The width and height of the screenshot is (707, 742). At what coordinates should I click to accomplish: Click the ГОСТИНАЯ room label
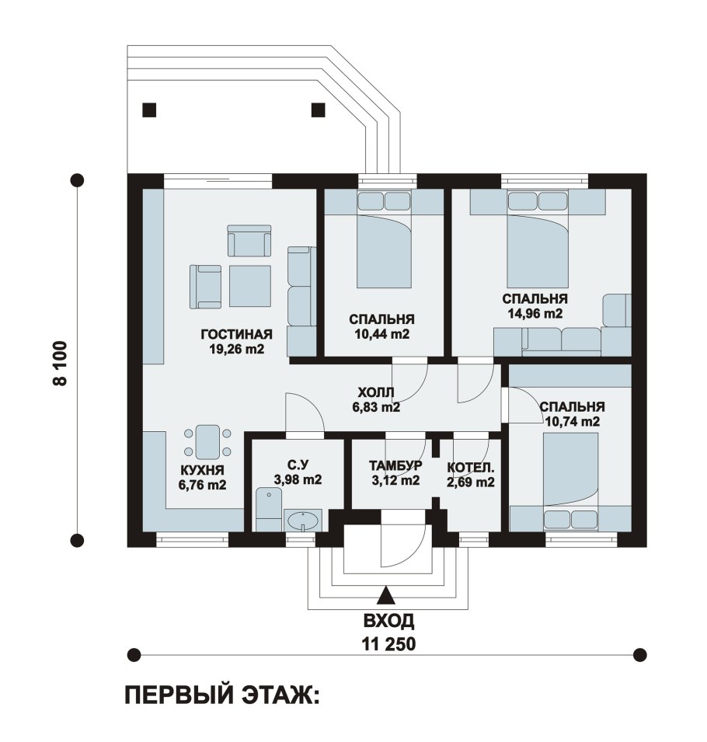point(237,334)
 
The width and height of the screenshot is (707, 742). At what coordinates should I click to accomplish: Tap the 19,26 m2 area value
point(236,349)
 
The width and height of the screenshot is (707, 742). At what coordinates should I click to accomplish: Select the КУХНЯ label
point(202,470)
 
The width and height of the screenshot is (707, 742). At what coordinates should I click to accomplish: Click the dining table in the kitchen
point(207,442)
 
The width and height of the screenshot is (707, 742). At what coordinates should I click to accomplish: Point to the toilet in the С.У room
point(268,510)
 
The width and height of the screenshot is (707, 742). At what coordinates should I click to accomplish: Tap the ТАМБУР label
point(395,465)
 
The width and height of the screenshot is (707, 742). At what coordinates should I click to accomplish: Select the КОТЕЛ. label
point(470,468)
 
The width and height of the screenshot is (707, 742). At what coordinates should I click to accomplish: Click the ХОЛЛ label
point(376,392)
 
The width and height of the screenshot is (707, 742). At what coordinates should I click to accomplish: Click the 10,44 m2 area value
point(382,333)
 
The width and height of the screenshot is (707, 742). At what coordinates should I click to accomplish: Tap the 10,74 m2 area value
point(572,421)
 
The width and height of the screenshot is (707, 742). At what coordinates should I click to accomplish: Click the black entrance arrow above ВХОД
point(386,596)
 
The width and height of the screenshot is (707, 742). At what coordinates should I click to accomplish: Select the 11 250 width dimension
point(389,644)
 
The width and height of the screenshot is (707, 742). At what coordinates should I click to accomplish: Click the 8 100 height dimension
point(61,364)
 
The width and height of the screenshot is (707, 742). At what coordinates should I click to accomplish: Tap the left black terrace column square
point(149,110)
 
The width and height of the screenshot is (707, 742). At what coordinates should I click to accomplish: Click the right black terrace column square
point(318,110)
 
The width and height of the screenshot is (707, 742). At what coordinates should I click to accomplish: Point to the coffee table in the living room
point(250,286)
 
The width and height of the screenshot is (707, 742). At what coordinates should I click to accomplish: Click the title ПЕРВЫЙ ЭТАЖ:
point(222,696)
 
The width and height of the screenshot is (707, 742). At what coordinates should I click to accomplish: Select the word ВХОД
point(389,621)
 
